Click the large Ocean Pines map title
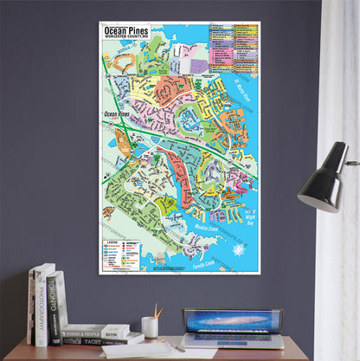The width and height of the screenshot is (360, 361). [x=127, y=29]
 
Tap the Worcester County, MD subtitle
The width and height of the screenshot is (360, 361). [x=126, y=36]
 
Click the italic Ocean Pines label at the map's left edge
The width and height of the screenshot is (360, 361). [x=117, y=113]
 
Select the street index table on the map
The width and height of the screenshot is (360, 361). [x=234, y=48]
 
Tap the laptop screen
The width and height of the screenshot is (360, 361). [x=233, y=321]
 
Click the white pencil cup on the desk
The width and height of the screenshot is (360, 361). [x=150, y=327]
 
